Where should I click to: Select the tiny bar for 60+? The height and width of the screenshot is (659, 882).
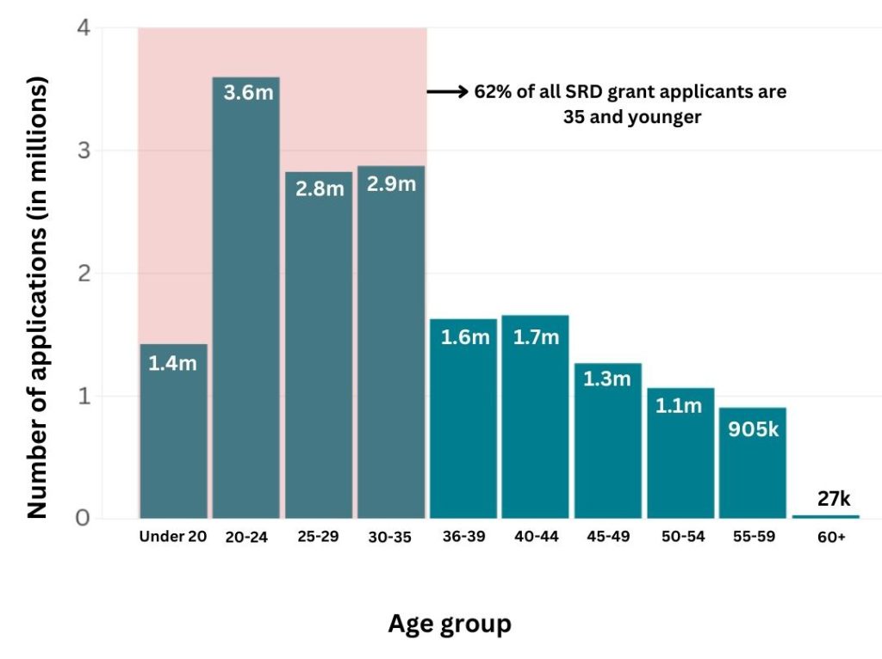point(826,516)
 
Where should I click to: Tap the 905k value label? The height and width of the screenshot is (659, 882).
point(753,428)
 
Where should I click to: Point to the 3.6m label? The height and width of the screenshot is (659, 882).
point(247,92)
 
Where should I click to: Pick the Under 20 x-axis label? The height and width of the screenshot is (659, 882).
point(173,537)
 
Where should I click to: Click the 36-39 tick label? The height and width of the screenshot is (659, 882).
point(463,537)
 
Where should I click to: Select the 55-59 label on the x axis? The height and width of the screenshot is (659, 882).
point(753,537)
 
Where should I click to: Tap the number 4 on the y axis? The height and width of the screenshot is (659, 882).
point(84,28)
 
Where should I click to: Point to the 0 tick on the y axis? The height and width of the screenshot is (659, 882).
point(84,518)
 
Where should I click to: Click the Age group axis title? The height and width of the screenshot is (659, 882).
point(449,623)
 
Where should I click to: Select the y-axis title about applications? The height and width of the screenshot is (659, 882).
point(37,297)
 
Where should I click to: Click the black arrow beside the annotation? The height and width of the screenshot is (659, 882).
point(448,91)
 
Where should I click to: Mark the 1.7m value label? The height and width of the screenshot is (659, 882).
point(535,336)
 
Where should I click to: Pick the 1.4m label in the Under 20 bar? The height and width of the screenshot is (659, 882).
point(173,364)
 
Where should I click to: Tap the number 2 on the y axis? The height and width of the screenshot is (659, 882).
point(84,274)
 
